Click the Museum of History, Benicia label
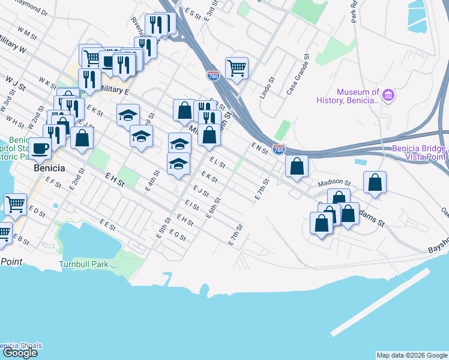click(x=358, y=96)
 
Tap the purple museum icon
click(x=388, y=95)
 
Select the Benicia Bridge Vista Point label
click(x=418, y=152)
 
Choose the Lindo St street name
click(x=267, y=88)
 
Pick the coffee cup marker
click(x=40, y=147)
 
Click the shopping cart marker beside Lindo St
click(x=237, y=67)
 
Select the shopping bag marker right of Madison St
click(x=375, y=182)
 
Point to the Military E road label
click(x=114, y=89)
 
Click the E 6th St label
click(x=214, y=208)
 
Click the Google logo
click(x=20, y=353)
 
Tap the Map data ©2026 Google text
click(x=411, y=355)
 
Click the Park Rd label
click(x=354, y=11)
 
